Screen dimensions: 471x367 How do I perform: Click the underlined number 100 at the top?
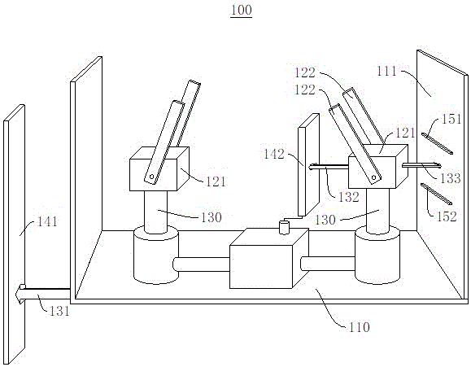(242, 10)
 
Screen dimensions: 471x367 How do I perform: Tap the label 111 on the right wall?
(386, 72)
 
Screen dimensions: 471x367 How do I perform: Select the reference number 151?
(451, 119)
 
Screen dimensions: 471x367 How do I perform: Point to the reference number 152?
(447, 216)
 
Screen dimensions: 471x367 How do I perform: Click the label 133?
(451, 178)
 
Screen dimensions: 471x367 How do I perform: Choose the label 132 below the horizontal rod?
(349, 197)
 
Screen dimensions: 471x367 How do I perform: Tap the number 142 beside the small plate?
(274, 154)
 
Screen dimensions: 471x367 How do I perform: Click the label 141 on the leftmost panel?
(47, 222)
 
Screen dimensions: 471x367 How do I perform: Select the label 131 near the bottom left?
(59, 311)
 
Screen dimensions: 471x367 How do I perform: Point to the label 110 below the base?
(359, 327)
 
